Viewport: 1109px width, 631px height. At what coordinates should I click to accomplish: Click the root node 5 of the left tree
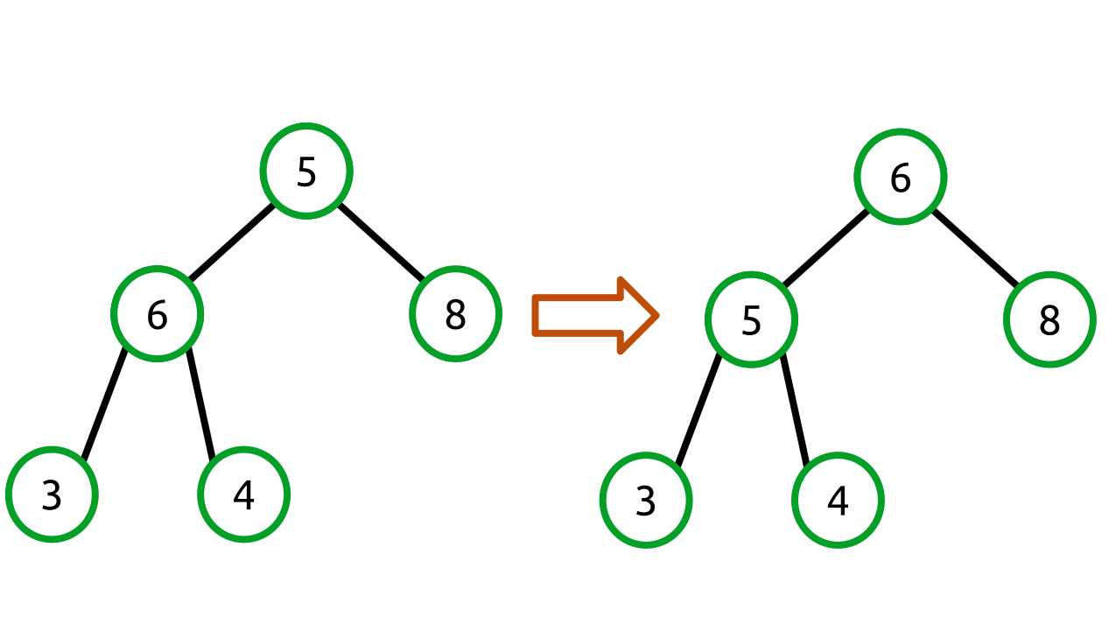click(305, 172)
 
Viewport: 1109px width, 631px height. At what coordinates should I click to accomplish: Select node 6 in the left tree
click(157, 314)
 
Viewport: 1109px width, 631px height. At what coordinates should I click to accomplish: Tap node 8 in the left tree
click(454, 314)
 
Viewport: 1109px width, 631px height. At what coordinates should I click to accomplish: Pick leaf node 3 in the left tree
click(52, 495)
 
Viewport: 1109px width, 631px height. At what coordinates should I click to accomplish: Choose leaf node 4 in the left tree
click(243, 495)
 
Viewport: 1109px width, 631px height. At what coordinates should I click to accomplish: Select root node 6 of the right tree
click(900, 178)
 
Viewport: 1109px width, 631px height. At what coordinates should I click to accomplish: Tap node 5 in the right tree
click(751, 321)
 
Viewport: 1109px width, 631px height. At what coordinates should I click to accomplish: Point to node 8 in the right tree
click(1049, 321)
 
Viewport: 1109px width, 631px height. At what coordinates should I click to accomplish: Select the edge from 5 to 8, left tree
click(381, 242)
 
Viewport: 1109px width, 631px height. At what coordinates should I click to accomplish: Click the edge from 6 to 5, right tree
click(825, 249)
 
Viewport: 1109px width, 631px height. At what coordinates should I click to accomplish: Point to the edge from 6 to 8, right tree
click(975, 249)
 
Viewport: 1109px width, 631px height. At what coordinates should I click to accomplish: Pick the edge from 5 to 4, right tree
click(794, 409)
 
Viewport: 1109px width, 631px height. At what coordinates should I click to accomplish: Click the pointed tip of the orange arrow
click(656, 316)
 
